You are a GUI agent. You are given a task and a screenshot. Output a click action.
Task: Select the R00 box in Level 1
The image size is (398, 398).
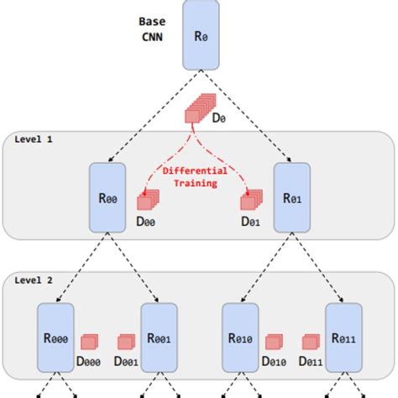[x=107, y=196]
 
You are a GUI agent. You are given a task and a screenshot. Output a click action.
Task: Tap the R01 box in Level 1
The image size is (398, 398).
[x=293, y=196]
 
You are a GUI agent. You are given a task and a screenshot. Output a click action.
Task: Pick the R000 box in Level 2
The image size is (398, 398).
[x=56, y=338]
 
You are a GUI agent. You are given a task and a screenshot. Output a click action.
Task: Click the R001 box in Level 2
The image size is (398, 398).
[x=159, y=338]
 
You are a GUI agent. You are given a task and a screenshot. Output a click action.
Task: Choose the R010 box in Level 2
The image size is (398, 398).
[x=240, y=338]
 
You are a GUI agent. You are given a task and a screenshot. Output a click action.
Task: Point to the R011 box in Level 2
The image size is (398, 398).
[x=343, y=338]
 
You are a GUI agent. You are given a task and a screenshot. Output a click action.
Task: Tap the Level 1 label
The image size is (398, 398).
[x=33, y=139]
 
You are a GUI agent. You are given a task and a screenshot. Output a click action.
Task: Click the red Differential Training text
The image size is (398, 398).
[x=195, y=176]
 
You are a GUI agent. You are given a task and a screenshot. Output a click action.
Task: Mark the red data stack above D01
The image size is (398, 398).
[x=249, y=201]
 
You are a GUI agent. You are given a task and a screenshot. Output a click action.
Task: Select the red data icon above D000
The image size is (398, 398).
[x=90, y=342]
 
